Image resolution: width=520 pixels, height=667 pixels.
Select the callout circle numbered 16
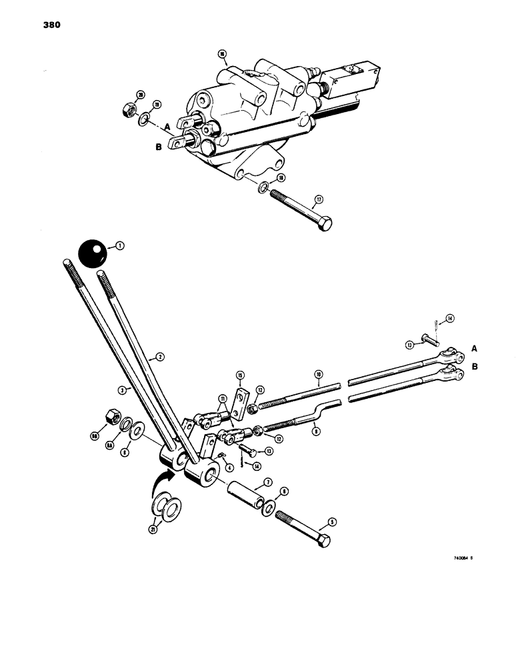pyautogui.click(x=222, y=53)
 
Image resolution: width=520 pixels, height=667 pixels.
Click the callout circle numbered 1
pyautogui.click(x=120, y=246)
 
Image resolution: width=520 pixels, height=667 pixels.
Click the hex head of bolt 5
pyautogui.click(x=323, y=540)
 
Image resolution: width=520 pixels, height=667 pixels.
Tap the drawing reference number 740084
pyautogui.click(x=460, y=568)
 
